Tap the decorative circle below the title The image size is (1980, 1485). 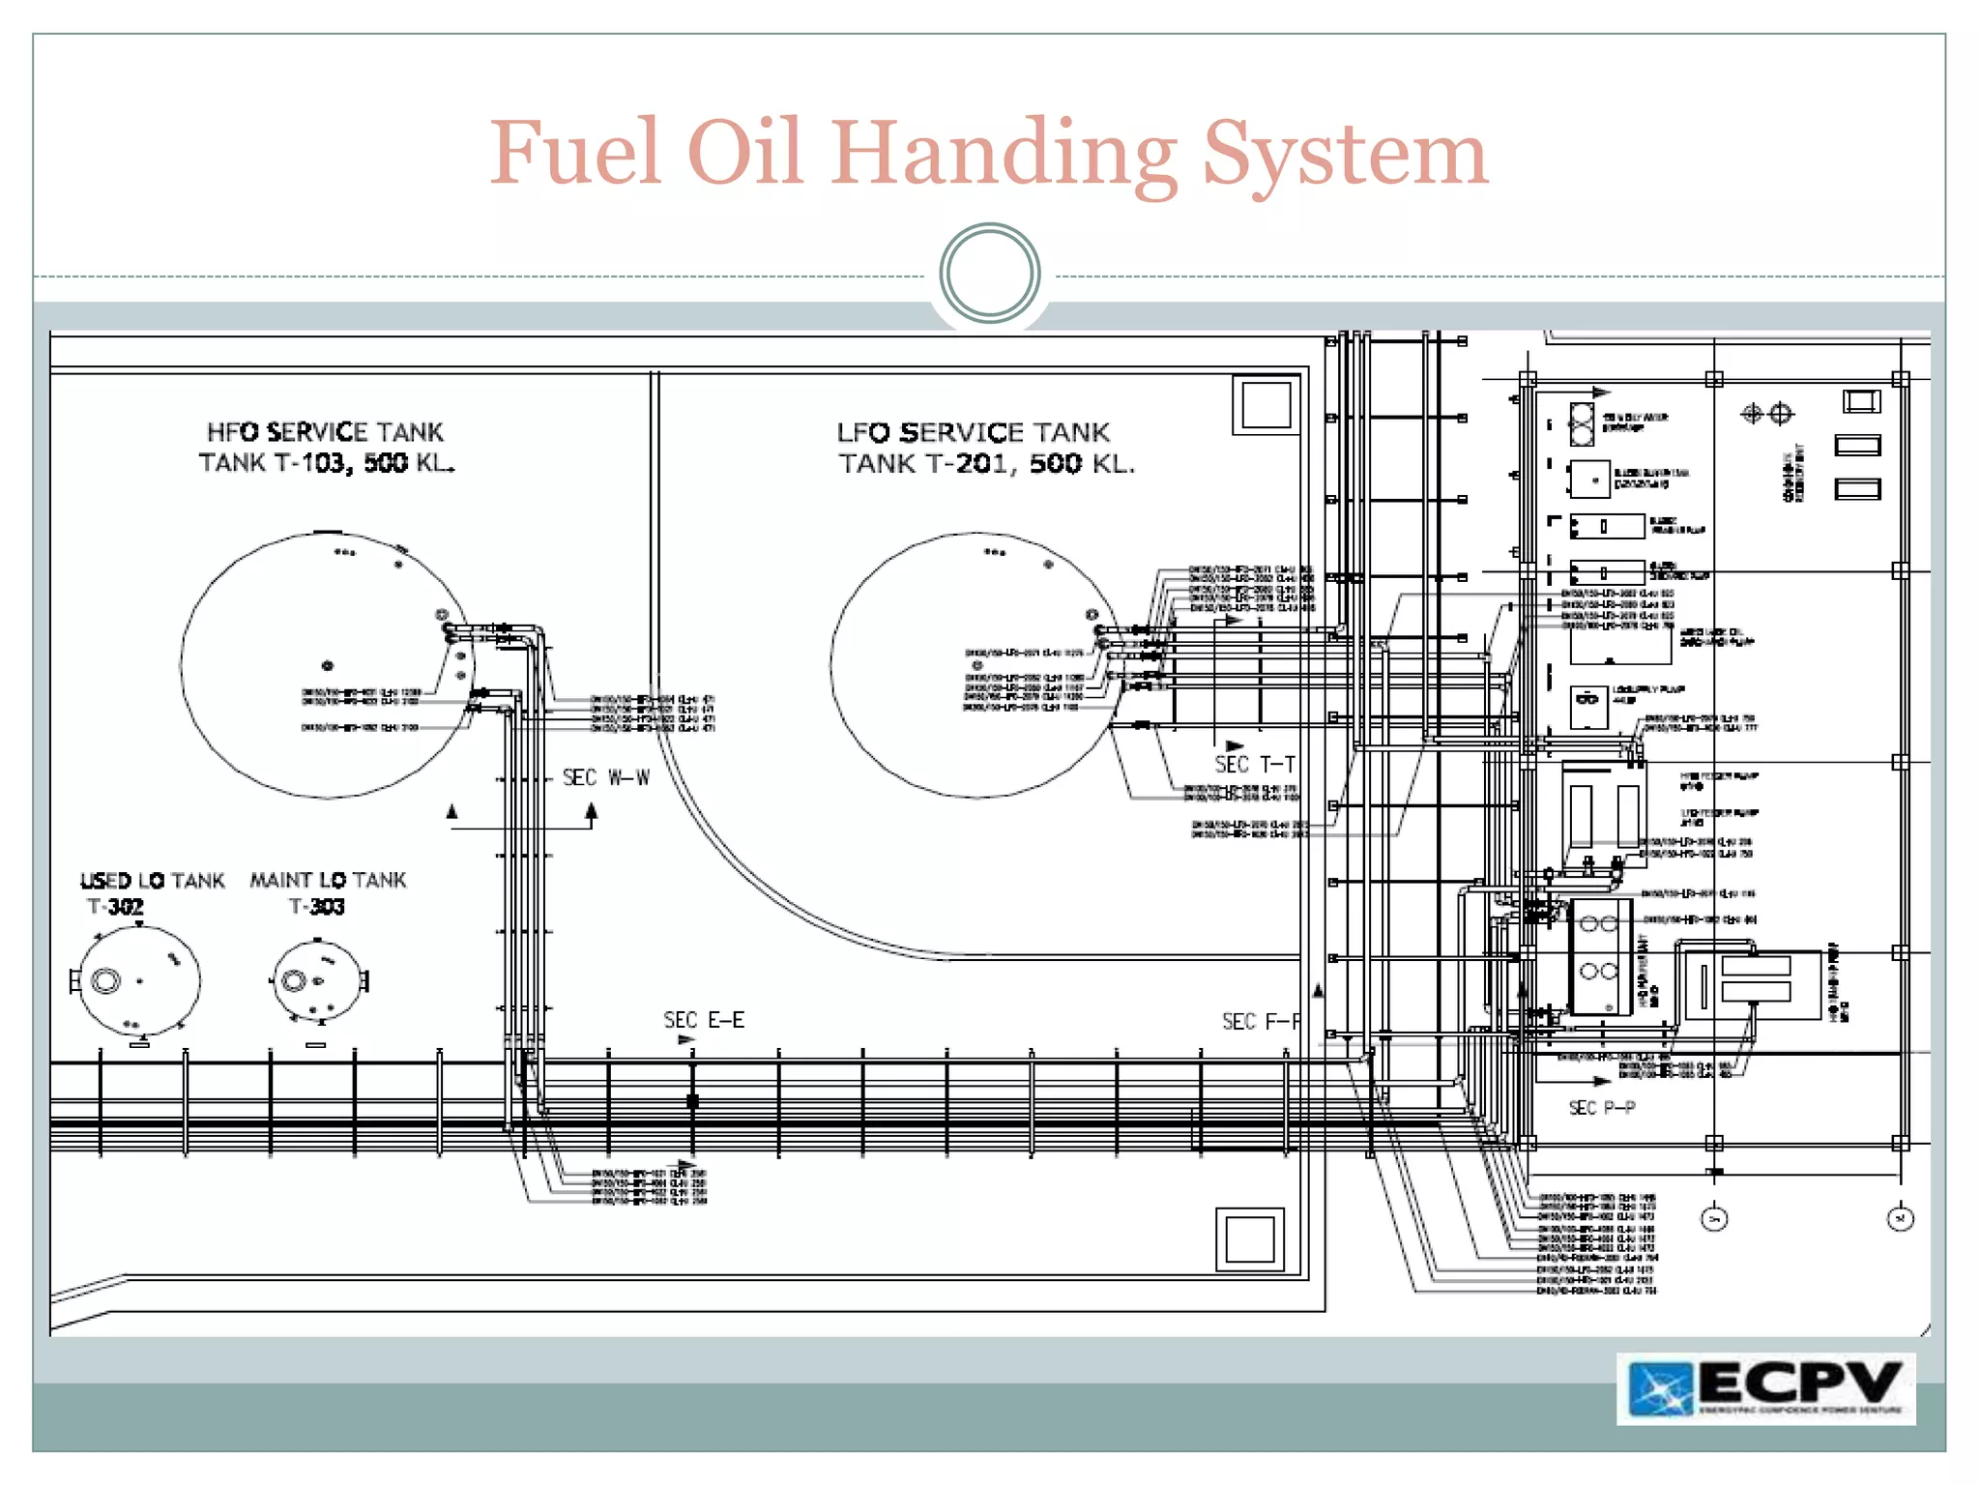(989, 274)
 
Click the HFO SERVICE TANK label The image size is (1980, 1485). (325, 432)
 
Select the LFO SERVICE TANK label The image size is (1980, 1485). (973, 433)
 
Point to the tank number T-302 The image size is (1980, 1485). (115, 907)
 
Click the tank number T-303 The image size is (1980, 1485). (316, 907)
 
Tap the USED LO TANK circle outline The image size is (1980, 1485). (139, 980)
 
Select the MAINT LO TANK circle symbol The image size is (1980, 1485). (317, 980)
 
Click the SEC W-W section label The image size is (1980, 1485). (606, 778)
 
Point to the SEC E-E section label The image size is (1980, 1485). (703, 1021)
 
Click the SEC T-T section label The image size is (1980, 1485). (1254, 765)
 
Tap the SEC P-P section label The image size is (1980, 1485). (1601, 1108)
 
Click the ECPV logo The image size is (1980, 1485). (1765, 1388)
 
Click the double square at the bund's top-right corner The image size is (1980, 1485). (1266, 405)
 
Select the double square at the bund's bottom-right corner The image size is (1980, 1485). (1249, 1239)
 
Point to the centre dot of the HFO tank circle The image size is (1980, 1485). (328, 666)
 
